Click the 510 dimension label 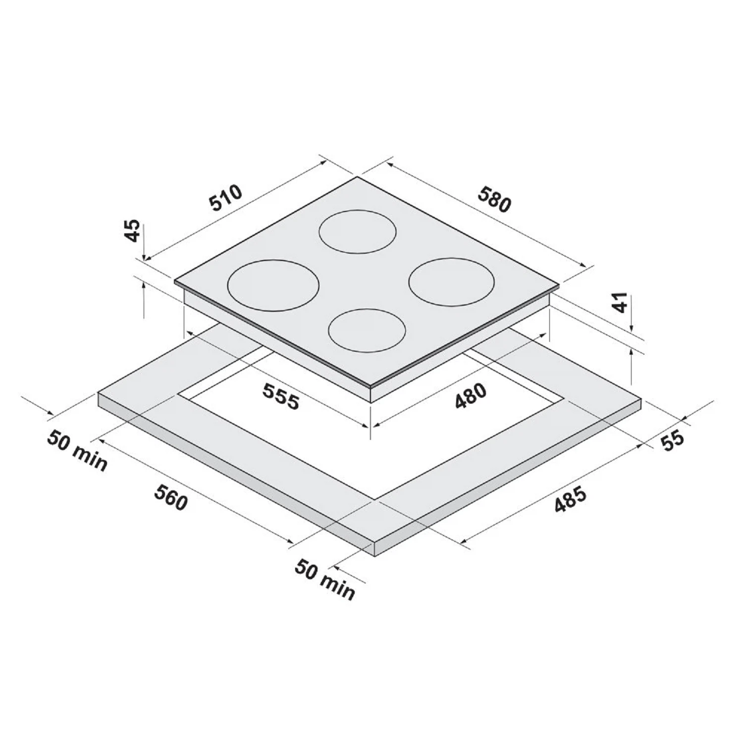(225, 198)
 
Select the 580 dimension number (494, 198)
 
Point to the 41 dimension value (620, 302)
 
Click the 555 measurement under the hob (281, 397)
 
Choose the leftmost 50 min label (77, 451)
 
